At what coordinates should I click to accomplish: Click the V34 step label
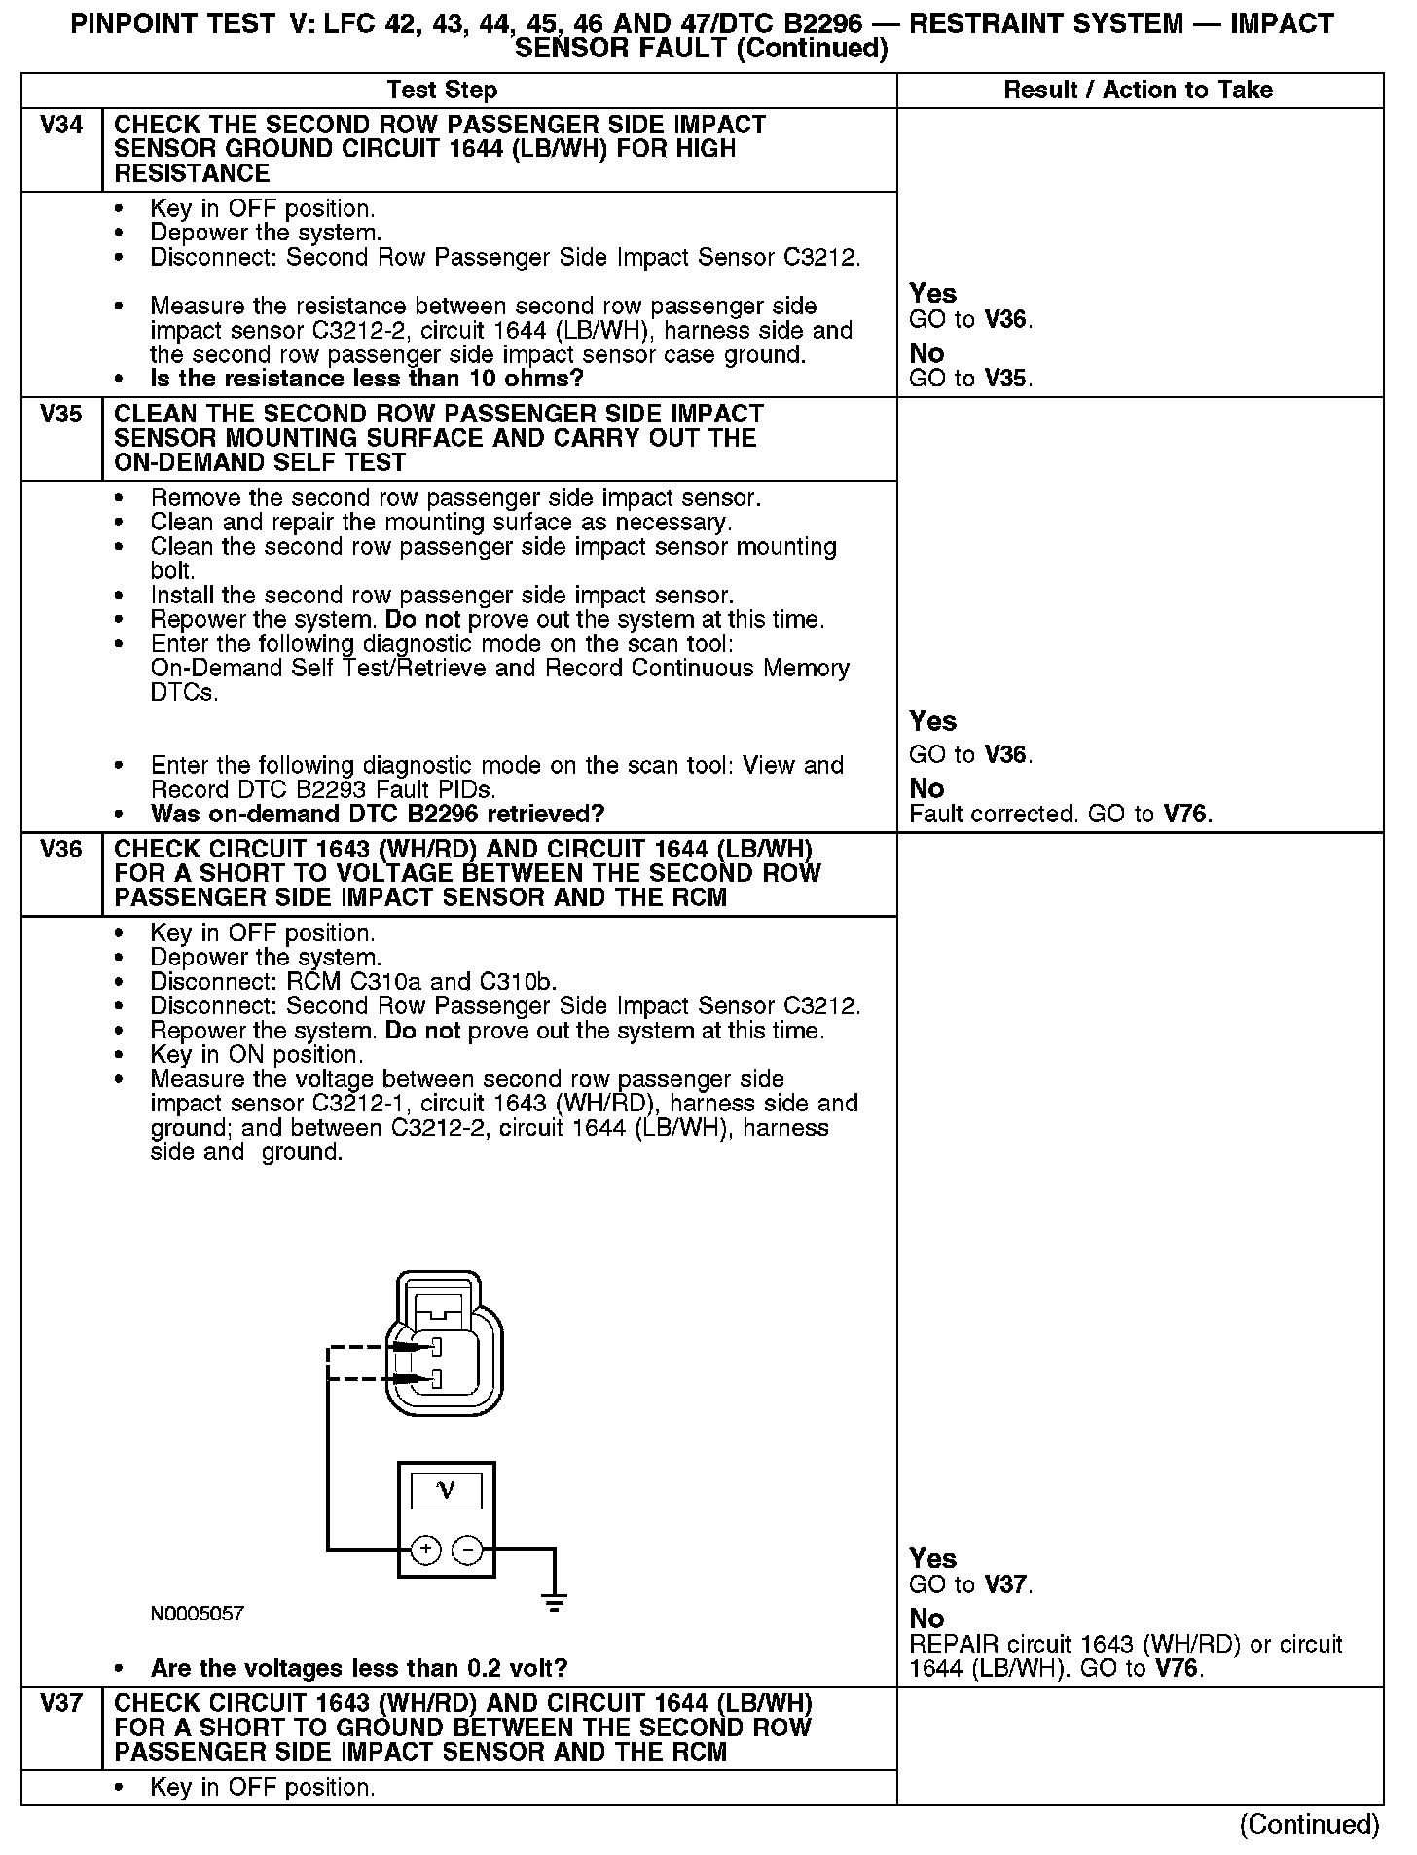61,126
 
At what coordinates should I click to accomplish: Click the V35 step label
61,415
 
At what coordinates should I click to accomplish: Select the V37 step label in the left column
61,1704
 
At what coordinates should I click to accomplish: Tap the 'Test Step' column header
442,91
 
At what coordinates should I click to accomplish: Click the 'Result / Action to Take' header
1138,91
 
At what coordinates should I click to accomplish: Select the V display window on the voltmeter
446,1490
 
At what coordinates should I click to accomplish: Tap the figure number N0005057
198,1614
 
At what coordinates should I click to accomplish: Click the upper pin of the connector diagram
436,1348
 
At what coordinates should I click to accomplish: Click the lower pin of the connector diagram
436,1378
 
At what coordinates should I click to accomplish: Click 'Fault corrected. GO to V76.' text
1061,814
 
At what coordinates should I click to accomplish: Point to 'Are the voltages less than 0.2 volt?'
359,1668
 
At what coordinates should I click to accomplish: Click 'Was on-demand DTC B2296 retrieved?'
378,814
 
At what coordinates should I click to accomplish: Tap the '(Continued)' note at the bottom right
1309,1825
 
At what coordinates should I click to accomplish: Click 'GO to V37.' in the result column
970,1584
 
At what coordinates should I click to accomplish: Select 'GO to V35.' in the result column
970,379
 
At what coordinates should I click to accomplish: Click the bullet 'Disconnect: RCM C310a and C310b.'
353,982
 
